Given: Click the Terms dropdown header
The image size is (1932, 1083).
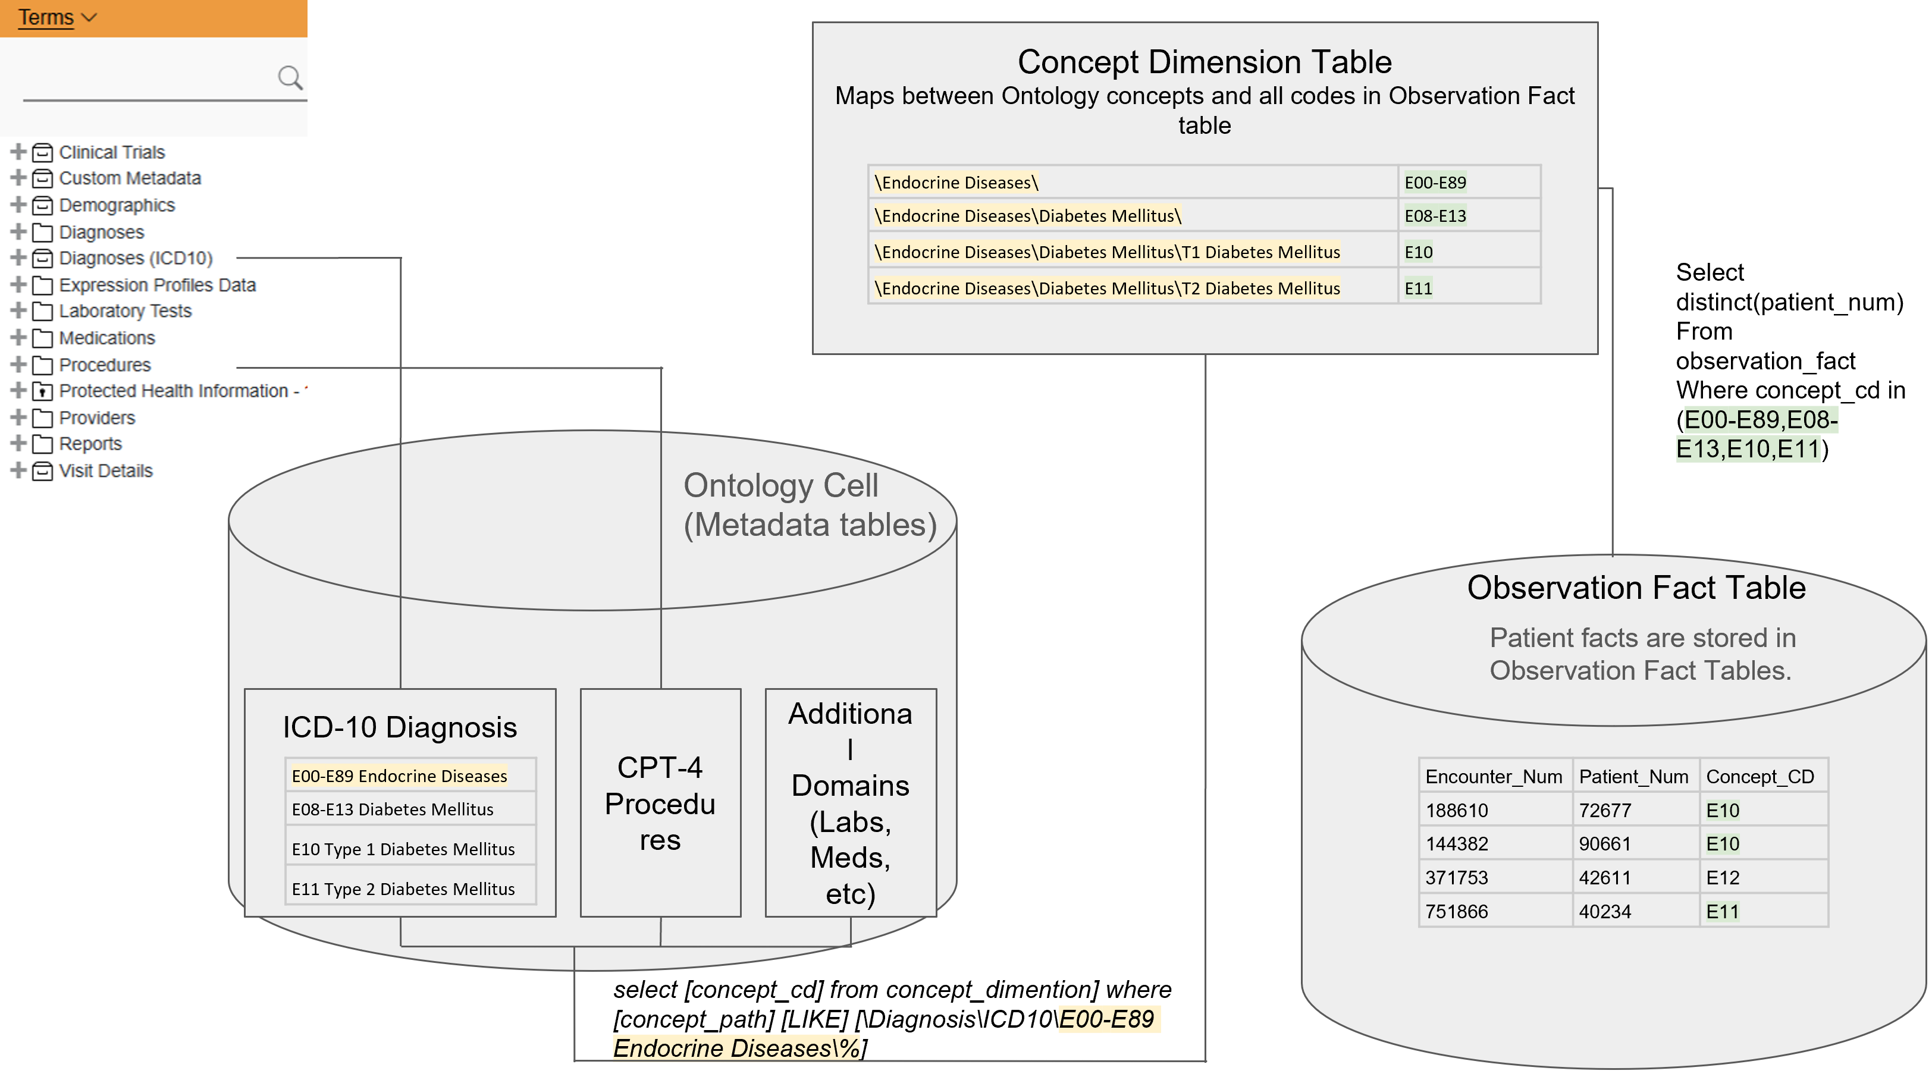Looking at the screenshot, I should click(57, 17).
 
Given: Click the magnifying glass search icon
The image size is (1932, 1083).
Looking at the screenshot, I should click(290, 77).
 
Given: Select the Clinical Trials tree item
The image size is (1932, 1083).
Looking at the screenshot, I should click(112, 152).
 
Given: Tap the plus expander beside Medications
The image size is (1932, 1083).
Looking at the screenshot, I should click(18, 337).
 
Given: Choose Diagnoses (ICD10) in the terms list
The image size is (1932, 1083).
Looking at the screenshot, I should click(136, 258).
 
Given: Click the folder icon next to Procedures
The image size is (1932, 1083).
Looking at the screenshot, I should click(43, 365).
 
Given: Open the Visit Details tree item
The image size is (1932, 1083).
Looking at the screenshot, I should click(106, 471).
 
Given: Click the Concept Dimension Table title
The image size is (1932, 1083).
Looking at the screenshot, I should click(1204, 61).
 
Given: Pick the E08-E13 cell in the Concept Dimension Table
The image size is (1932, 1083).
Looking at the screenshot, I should click(1435, 216).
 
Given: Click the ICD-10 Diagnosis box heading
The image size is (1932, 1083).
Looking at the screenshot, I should click(400, 727).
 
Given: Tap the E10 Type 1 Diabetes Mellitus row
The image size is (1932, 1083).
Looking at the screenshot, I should click(403, 849).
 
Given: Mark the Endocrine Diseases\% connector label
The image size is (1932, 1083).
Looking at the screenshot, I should click(736, 1048).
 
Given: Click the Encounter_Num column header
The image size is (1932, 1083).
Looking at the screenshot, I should click(1493, 776).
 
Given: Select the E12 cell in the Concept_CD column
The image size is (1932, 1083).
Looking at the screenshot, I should click(1722, 877).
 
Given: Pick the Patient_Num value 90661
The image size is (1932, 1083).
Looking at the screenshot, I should click(1604, 844).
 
